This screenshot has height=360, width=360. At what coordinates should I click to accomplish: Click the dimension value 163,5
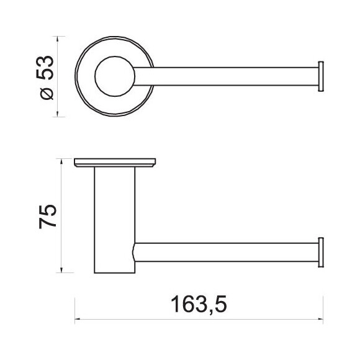click(199, 304)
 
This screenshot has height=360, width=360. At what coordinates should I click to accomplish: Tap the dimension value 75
click(48, 217)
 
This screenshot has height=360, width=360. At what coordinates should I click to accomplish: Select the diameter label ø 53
click(45, 78)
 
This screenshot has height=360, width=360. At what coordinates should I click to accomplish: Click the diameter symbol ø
click(47, 94)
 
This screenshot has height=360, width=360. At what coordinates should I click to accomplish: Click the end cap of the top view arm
click(321, 76)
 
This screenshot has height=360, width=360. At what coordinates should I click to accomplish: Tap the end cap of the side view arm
click(321, 253)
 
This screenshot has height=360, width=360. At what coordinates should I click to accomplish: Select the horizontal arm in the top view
click(226, 76)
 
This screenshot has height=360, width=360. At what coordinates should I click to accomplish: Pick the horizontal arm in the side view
click(226, 252)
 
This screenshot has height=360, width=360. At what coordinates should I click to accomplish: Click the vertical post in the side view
click(115, 220)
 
